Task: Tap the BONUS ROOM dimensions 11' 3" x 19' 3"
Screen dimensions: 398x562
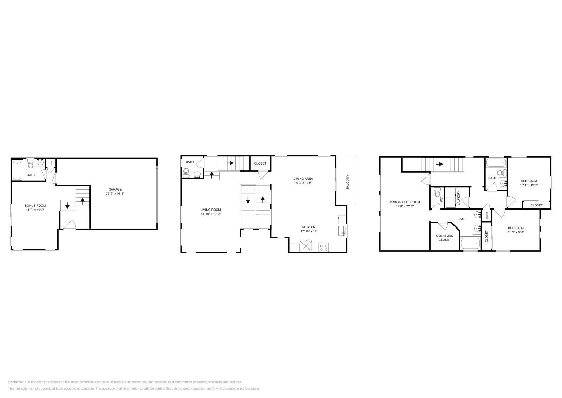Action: [35, 210]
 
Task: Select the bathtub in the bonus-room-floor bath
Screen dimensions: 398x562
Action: [17, 170]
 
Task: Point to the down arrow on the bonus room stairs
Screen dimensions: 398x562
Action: [67, 206]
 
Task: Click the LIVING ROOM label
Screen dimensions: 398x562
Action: [210, 210]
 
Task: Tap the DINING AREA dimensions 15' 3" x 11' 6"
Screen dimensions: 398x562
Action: [303, 183]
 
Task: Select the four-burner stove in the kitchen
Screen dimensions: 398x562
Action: [324, 247]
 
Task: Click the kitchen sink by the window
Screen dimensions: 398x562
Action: [341, 231]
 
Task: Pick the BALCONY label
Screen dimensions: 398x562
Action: [348, 182]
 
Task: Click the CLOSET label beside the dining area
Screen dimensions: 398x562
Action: [260, 163]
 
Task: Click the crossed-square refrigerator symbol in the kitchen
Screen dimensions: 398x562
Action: [306, 246]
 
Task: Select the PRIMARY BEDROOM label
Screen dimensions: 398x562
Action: [405, 202]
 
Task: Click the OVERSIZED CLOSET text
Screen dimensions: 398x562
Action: [444, 238]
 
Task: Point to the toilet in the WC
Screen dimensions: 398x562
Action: [437, 193]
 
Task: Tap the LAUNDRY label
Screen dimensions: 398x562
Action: [459, 198]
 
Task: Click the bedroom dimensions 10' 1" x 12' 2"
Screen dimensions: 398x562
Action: [529, 185]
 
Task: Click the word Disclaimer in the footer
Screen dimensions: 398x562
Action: [15, 382]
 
